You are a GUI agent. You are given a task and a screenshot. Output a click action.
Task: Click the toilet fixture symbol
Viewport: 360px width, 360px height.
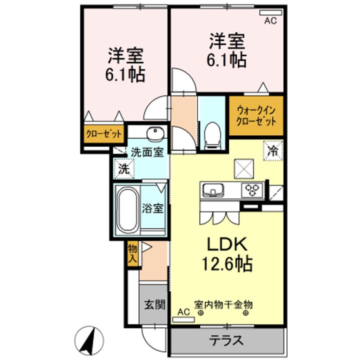(x=212, y=136)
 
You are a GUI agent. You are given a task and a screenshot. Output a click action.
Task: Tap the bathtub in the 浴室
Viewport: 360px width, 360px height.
(x=127, y=209)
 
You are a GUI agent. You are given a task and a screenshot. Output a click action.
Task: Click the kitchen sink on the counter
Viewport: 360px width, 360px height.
(x=213, y=189)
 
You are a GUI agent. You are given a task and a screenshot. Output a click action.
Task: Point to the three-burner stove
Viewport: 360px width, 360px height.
(x=252, y=190)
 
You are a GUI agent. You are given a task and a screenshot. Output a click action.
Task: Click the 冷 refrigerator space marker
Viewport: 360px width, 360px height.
(x=273, y=150)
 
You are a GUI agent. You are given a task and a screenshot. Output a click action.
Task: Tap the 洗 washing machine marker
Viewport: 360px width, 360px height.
(x=124, y=169)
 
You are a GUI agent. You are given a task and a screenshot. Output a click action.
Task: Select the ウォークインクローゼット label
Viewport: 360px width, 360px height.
(x=256, y=115)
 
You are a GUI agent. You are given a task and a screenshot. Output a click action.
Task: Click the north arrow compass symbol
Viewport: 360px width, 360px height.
(x=89, y=340)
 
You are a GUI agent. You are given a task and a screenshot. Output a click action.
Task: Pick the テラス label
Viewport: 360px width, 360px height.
(x=226, y=340)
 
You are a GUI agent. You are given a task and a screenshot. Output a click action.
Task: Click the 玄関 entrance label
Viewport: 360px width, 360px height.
(x=155, y=304)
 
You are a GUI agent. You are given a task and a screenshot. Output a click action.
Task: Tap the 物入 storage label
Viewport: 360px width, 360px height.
(x=132, y=253)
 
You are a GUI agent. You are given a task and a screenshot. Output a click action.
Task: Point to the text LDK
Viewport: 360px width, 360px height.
(x=227, y=244)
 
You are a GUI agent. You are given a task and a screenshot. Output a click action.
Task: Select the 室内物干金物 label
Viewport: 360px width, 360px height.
(x=223, y=304)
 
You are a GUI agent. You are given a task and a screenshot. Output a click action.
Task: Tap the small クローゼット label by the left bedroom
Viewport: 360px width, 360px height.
(x=103, y=133)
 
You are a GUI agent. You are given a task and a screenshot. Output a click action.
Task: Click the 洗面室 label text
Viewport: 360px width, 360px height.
(x=147, y=152)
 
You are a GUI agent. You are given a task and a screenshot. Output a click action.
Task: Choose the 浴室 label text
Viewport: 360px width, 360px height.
(x=152, y=208)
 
